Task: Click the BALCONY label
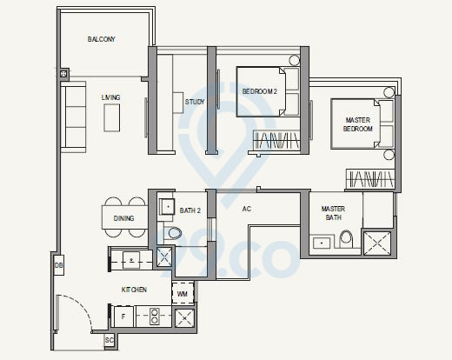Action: coord(102,40)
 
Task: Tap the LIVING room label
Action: coord(110,97)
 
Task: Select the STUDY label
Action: coord(195,102)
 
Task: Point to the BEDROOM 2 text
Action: coord(258,91)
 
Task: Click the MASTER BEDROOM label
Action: coord(358,124)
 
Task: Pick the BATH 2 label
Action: coord(190,210)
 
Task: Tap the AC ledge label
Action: coord(246,210)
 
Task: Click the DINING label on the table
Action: coord(123,218)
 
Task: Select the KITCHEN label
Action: coord(133,290)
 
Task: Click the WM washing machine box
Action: coord(182,295)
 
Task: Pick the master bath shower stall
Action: coord(379,241)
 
